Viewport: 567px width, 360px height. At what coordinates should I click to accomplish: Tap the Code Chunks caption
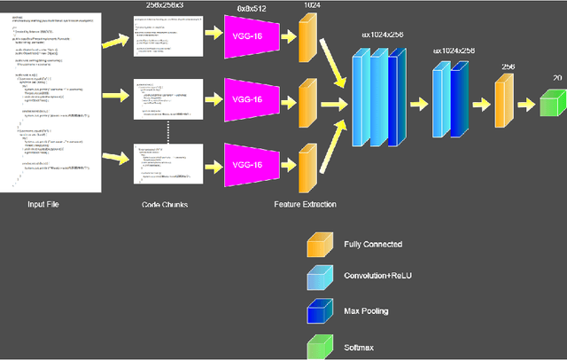tap(164, 205)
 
